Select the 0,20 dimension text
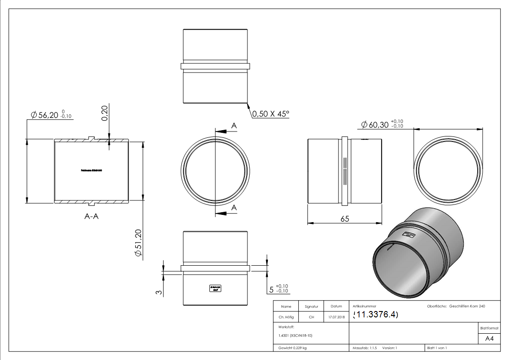point(104,113)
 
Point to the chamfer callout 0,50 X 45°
point(271,114)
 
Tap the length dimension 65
point(344,219)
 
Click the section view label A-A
point(92,216)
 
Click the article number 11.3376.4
point(375,315)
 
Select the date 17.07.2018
point(336,317)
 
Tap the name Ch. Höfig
point(286,317)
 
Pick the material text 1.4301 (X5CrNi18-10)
point(294,336)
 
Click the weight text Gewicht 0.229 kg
point(292,348)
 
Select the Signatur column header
point(311,306)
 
